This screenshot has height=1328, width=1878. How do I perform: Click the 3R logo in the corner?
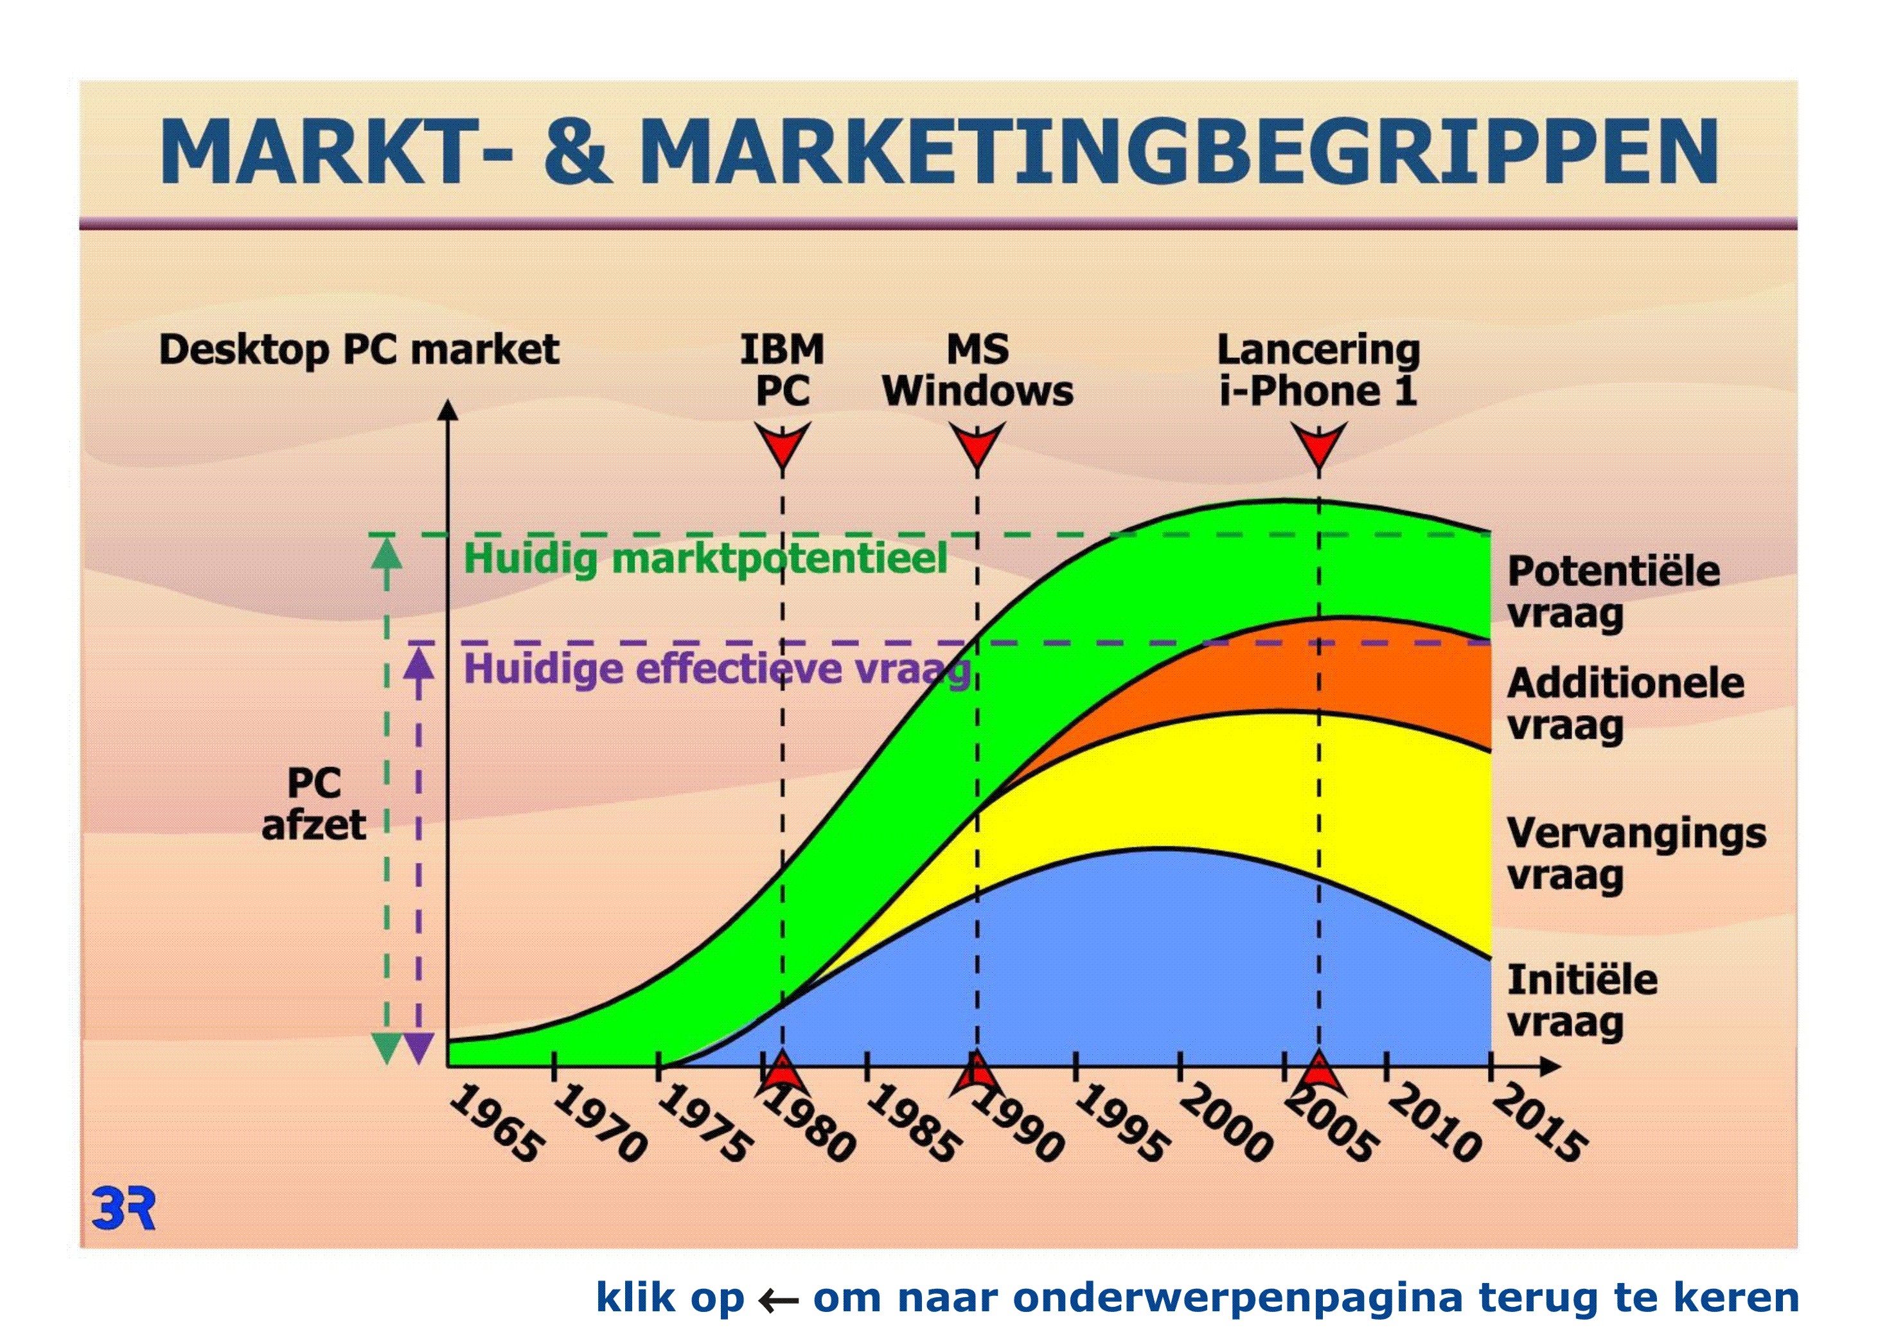(123, 1209)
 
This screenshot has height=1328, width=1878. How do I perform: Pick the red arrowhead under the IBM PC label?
(782, 446)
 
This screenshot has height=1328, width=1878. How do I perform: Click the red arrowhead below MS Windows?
(977, 446)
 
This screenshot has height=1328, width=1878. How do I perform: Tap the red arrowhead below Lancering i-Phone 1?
(1318, 446)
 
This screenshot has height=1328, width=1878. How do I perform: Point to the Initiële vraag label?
(1582, 1002)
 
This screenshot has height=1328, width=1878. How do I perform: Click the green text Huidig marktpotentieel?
(705, 560)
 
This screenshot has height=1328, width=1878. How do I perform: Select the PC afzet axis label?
(314, 804)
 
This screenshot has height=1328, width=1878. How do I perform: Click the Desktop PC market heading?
(359, 351)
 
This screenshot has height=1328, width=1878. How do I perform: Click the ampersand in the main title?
(578, 151)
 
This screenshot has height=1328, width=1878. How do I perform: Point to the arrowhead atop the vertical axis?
(447, 410)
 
